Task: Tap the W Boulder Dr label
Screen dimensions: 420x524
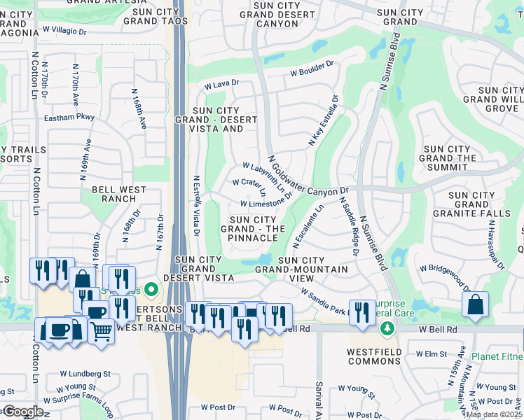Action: (x=312, y=71)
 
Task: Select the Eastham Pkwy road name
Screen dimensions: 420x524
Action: (x=69, y=118)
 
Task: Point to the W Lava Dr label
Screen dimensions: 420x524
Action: (x=222, y=85)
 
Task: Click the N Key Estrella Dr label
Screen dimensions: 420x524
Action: (x=323, y=121)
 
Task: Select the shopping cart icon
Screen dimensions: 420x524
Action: (x=102, y=332)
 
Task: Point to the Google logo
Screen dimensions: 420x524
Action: (x=22, y=412)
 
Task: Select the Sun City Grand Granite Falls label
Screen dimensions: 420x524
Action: (x=471, y=205)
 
